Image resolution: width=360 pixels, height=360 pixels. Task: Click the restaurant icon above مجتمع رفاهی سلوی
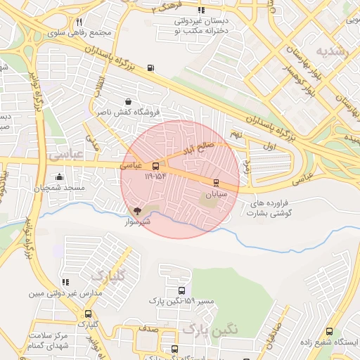(79, 22)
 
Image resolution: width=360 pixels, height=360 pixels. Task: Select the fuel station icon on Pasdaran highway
(150, 68)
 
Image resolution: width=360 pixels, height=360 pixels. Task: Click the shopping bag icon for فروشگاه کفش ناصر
(127, 101)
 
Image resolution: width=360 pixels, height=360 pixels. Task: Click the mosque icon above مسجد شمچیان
(59, 177)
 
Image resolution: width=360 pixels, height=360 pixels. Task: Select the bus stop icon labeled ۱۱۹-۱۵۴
(155, 166)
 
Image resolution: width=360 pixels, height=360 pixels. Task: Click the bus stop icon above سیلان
(215, 181)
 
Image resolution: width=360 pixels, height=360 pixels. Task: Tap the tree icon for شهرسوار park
(137, 210)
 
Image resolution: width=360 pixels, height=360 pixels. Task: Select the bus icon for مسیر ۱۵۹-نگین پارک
(181, 290)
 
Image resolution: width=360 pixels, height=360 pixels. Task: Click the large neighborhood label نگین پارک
(210, 328)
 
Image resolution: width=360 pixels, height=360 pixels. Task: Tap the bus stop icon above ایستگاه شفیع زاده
(329, 332)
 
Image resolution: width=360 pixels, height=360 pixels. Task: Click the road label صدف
(147, 328)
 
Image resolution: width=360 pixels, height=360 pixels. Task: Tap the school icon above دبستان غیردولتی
(201, 11)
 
